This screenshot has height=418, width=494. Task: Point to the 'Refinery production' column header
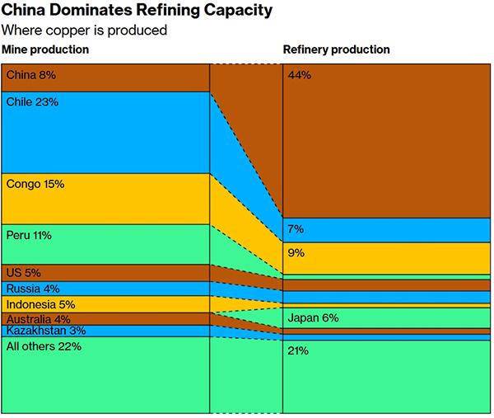click(x=337, y=50)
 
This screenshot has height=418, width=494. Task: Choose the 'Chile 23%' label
click(x=32, y=102)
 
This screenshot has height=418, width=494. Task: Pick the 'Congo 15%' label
click(x=35, y=185)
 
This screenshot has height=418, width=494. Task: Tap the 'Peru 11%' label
click(x=29, y=236)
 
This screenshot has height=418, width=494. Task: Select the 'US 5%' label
click(x=23, y=273)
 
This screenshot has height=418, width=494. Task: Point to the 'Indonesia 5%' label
click(x=40, y=304)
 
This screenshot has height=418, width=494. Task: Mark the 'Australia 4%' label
click(x=38, y=319)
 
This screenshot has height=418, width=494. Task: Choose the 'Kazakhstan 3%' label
click(x=45, y=331)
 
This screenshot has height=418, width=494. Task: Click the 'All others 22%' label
click(x=43, y=346)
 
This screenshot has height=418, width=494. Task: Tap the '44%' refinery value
click(x=299, y=76)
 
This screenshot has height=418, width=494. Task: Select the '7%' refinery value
click(x=296, y=228)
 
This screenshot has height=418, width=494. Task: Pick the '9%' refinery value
click(x=296, y=253)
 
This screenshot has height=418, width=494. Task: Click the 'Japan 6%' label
click(x=313, y=318)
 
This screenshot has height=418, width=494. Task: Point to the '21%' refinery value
click(x=298, y=350)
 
